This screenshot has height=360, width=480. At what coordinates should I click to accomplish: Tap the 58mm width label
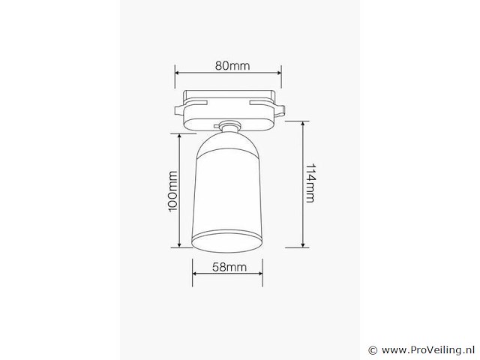click(229, 267)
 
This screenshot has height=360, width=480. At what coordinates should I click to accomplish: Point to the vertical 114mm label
click(310, 185)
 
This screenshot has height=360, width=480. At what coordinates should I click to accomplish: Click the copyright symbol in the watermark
click(373, 350)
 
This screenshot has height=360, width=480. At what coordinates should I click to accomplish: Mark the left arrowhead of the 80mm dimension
click(177, 73)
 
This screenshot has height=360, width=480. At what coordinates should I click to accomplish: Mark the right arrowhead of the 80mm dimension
click(279, 73)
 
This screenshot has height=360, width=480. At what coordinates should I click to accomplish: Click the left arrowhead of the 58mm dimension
click(194, 274)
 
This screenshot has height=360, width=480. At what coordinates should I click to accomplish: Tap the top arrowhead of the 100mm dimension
click(180, 136)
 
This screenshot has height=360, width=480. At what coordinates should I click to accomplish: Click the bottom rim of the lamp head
click(228, 241)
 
